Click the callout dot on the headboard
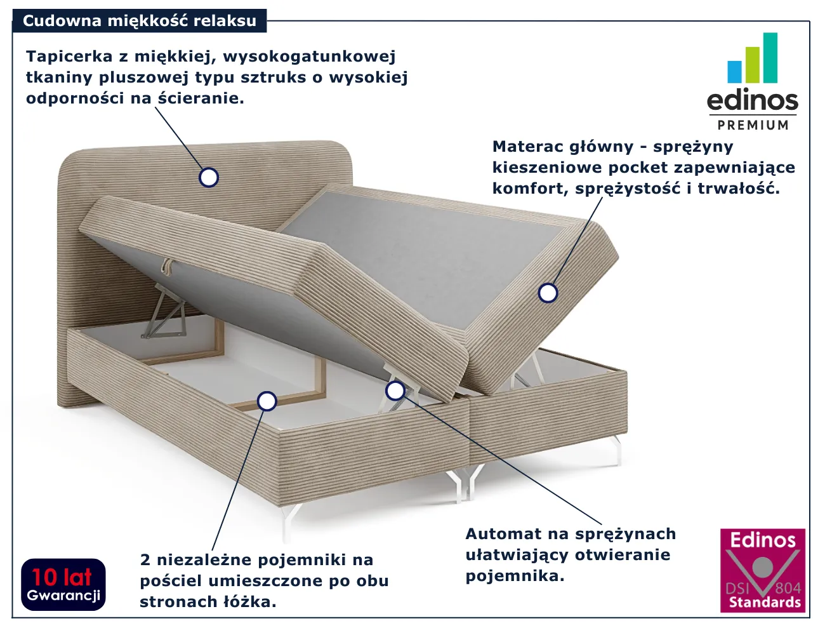click(208, 177)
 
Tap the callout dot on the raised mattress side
click(548, 293)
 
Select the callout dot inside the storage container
click(267, 401)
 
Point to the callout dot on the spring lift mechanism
click(395, 391)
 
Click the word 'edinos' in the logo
click(753, 100)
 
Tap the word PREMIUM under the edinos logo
click(753, 125)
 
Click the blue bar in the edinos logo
click(734, 72)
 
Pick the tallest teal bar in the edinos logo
click(770, 58)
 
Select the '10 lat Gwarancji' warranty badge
click(63, 584)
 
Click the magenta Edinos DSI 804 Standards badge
click(763, 570)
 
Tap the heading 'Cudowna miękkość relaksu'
click(140, 21)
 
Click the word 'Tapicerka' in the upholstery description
click(69, 57)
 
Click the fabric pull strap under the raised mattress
click(166, 266)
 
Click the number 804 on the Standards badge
click(788, 589)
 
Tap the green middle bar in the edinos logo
click(753, 65)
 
